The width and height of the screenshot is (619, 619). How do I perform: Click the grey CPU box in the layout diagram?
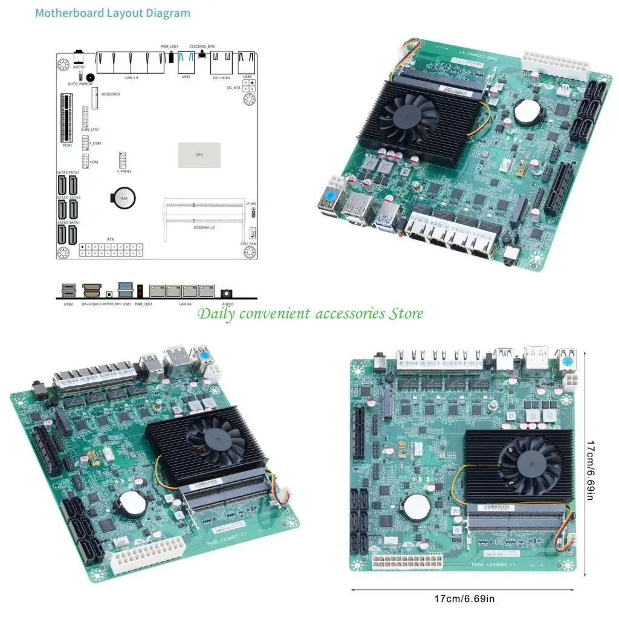(199, 155)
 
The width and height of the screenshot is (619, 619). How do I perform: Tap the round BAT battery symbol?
(125, 197)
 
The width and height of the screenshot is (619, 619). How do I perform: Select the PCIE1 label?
(68, 145)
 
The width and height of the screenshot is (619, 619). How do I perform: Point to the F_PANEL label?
(125, 172)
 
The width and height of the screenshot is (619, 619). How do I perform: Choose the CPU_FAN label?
(248, 244)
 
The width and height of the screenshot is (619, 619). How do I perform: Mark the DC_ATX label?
(234, 88)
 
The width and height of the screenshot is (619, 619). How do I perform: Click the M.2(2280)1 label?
(111, 94)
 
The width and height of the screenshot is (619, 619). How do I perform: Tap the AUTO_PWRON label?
(80, 84)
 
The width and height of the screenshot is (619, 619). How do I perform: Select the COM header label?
(94, 162)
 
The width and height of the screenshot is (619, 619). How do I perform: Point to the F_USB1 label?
(95, 143)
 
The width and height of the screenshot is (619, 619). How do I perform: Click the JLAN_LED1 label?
(89, 129)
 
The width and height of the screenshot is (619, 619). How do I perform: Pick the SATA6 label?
(62, 173)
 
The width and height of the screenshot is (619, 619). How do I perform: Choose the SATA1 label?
(74, 222)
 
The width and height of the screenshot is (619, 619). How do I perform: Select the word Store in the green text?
(406, 313)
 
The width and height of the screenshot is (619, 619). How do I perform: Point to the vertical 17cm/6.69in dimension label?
(591, 470)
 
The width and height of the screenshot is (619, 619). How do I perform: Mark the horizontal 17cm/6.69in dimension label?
(464, 599)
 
